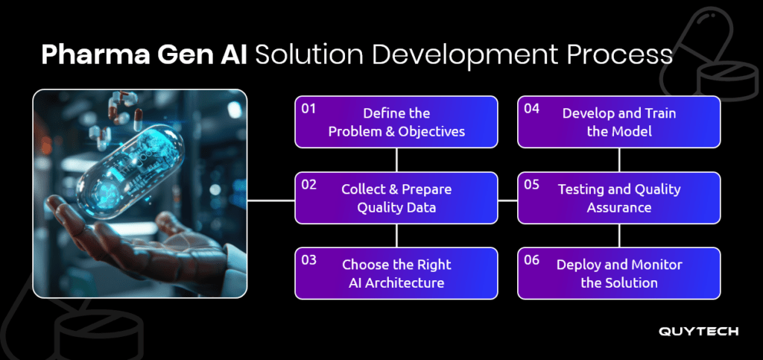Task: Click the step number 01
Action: coord(308,109)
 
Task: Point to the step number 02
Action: coord(309,184)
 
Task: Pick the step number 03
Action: coord(309,260)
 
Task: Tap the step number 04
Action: coord(532,109)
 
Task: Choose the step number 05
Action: coord(532,184)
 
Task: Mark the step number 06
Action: coord(532,260)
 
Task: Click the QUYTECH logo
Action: coord(698,331)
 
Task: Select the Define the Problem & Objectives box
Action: coord(396,121)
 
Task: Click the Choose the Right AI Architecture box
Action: coord(396,273)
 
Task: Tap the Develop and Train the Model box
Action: coord(619,121)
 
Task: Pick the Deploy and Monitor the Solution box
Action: coord(619,273)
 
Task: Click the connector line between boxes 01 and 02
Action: coord(396,160)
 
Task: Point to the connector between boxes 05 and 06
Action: coord(619,236)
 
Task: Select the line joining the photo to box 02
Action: coord(271,200)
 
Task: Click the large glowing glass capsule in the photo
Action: coord(131,173)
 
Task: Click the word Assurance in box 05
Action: coord(619,208)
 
